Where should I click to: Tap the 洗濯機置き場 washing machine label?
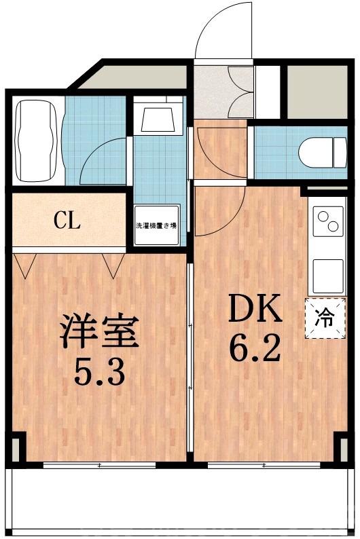[x=156, y=225]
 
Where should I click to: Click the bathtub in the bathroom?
[x=37, y=141]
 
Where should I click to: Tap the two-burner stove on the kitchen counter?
[x=326, y=223]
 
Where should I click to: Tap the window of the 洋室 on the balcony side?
[x=100, y=465]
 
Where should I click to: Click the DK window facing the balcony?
[x=265, y=465]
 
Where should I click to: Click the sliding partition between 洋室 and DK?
[x=191, y=353]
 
